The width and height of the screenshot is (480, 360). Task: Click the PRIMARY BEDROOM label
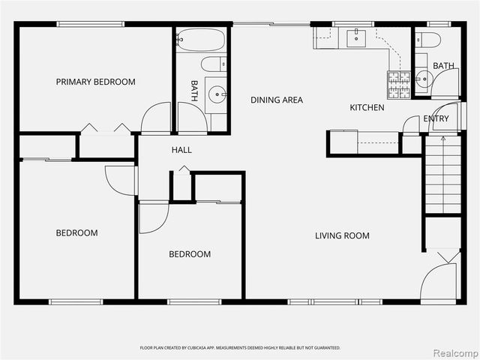(x=95, y=82)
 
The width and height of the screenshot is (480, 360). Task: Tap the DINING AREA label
(x=277, y=100)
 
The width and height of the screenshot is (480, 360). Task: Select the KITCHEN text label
(x=367, y=108)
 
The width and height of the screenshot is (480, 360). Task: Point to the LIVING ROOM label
(x=342, y=235)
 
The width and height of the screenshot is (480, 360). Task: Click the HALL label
(x=181, y=150)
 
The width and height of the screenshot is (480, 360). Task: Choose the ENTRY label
(x=436, y=118)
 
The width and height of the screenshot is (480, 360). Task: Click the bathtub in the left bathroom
(x=200, y=39)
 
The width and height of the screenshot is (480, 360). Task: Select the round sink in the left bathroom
(x=217, y=94)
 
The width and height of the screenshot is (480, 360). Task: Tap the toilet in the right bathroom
(x=430, y=39)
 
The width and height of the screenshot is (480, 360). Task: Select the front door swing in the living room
(x=439, y=280)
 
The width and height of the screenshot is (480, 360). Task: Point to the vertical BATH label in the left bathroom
(x=194, y=91)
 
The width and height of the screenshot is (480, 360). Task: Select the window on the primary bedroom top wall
(x=91, y=24)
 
